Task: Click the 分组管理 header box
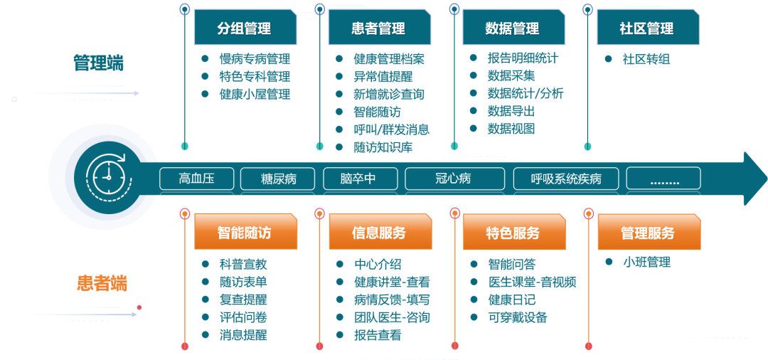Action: pyautogui.click(x=245, y=28)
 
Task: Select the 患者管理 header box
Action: pyautogui.click(x=379, y=28)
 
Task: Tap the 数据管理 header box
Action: pyautogui.click(x=513, y=28)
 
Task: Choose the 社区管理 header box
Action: pyautogui.click(x=647, y=28)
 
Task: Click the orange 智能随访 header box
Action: pyautogui.click(x=245, y=233)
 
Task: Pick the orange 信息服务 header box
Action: pyautogui.click(x=379, y=233)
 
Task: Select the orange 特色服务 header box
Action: pyautogui.click(x=513, y=233)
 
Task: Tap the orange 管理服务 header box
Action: pyautogui.click(x=648, y=233)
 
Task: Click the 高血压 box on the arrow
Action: pyautogui.click(x=197, y=179)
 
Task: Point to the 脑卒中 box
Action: pyautogui.click(x=358, y=179)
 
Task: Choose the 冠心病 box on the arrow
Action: pyautogui.click(x=453, y=179)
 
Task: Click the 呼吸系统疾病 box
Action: pyautogui.click(x=566, y=179)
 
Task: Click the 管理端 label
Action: pyautogui.click(x=99, y=63)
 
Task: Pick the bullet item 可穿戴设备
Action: pyautogui.click(x=517, y=317)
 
